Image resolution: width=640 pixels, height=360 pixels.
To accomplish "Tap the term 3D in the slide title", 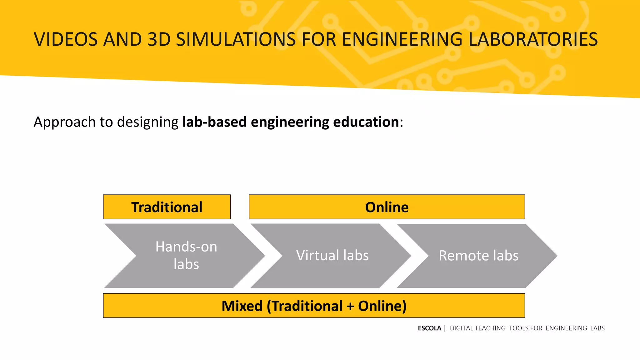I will point(159,40).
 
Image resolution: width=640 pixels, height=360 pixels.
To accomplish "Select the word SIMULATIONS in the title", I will point(236,40).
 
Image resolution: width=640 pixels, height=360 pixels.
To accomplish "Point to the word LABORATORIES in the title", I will point(533,40).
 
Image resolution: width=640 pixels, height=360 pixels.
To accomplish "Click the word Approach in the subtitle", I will point(64,122).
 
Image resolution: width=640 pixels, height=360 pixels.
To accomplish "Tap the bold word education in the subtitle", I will point(366,122).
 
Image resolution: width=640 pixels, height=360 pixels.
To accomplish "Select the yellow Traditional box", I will point(167,207).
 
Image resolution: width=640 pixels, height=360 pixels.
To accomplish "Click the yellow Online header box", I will point(387,207).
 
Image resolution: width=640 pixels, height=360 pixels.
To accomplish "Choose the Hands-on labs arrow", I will point(186,256).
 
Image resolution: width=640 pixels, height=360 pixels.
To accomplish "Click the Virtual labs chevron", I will point(332,256).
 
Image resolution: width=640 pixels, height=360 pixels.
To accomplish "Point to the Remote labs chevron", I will point(478,256).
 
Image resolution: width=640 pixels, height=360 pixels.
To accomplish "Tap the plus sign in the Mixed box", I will point(350,306).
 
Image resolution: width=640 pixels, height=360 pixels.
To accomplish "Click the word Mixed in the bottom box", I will point(242,306).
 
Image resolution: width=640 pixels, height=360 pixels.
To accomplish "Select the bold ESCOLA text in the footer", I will point(429,328).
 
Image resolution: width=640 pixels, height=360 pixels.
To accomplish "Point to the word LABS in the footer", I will point(597,328).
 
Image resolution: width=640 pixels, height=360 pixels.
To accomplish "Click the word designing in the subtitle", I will point(147,122).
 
